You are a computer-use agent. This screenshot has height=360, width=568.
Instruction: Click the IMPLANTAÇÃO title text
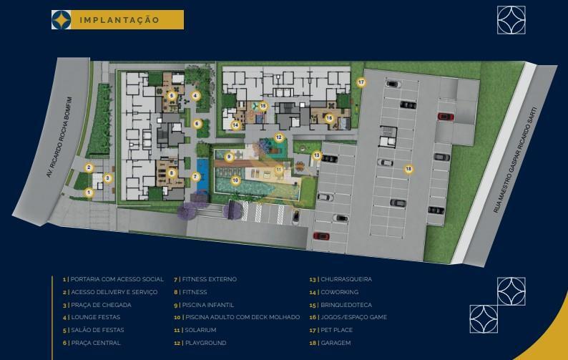tap(119, 20)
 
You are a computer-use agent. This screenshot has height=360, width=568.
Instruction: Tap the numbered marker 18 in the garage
tap(408, 169)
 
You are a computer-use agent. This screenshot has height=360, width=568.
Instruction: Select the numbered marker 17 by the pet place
tap(361, 82)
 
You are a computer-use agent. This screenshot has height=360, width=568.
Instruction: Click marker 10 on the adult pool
tap(235, 180)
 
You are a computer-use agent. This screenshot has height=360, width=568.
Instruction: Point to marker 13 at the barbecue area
tap(317, 155)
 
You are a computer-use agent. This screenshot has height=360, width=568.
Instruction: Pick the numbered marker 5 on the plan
tap(172, 96)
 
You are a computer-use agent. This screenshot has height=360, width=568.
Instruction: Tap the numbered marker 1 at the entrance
tap(89, 193)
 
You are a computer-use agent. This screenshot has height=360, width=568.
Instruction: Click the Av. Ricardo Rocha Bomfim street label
tap(59, 137)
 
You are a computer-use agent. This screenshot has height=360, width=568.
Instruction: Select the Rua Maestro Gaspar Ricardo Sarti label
tap(514, 160)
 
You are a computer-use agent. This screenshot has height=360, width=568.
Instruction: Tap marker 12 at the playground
tap(278, 137)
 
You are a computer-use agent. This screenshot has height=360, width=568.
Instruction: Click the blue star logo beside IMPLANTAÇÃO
tap(62, 20)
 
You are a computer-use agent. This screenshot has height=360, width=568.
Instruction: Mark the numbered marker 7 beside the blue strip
tap(195, 177)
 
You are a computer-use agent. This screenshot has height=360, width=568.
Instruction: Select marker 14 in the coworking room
tap(235, 125)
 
